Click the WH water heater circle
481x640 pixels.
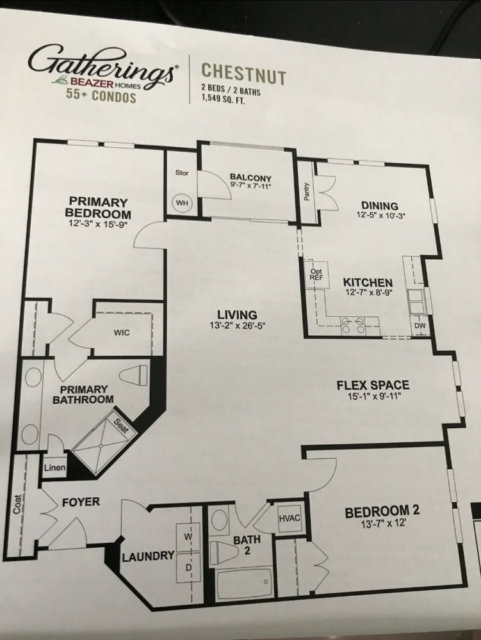click(181, 202)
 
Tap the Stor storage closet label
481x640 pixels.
click(182, 173)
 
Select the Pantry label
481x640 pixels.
click(307, 192)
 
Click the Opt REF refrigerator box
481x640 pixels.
click(316, 274)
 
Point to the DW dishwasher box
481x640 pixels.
click(420, 326)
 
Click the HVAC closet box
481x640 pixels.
click(290, 518)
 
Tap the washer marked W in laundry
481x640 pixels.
click(188, 536)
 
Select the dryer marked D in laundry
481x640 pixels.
click(188, 568)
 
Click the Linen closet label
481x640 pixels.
click(54, 467)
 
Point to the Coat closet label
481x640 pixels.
click(17, 504)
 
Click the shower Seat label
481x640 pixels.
click(121, 427)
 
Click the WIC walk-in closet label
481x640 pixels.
click(122, 333)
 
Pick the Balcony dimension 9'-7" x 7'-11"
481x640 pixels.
click(250, 186)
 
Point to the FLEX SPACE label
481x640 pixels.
click(373, 385)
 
